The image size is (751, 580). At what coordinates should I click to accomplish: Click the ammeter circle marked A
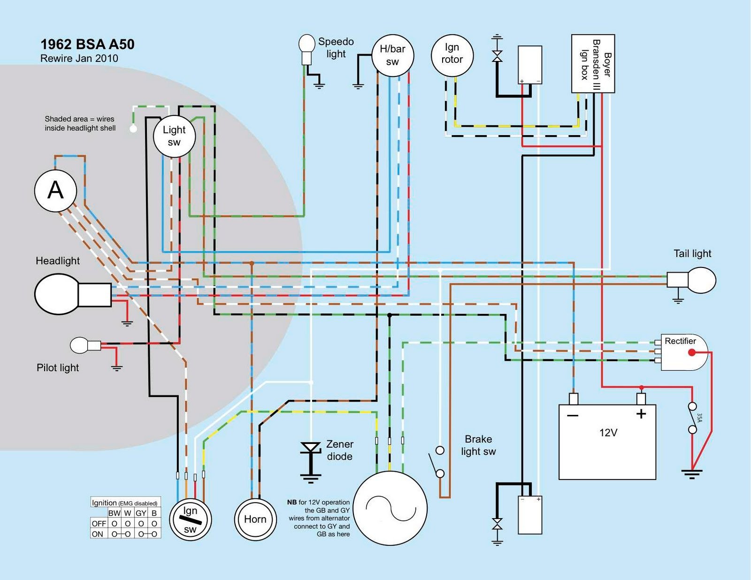[55, 191]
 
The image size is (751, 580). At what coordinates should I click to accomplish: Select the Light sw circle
[174, 136]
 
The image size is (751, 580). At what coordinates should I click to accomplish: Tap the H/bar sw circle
[392, 55]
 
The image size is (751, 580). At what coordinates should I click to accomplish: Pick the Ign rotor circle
[452, 55]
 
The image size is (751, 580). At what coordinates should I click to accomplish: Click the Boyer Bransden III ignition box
[593, 63]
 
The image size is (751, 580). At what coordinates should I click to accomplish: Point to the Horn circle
[255, 519]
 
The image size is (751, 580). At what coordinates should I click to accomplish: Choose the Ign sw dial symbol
[190, 519]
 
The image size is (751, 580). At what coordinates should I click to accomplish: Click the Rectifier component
[683, 352]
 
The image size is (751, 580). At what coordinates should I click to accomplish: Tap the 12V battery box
[607, 442]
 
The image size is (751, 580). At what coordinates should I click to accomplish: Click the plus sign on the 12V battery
[641, 414]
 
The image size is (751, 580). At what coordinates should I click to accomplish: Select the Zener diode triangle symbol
[310, 447]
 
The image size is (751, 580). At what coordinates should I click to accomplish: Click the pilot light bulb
[85, 345]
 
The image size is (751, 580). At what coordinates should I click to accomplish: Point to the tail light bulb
[691, 280]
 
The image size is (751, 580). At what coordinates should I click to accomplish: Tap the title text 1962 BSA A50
[87, 44]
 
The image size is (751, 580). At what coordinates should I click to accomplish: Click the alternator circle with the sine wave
[390, 508]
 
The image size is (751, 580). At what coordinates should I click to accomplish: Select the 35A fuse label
[700, 418]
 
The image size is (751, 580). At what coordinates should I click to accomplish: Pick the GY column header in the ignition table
[141, 513]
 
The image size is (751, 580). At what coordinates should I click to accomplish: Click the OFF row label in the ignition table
[99, 523]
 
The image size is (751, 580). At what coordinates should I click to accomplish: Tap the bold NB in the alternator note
[292, 502]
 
